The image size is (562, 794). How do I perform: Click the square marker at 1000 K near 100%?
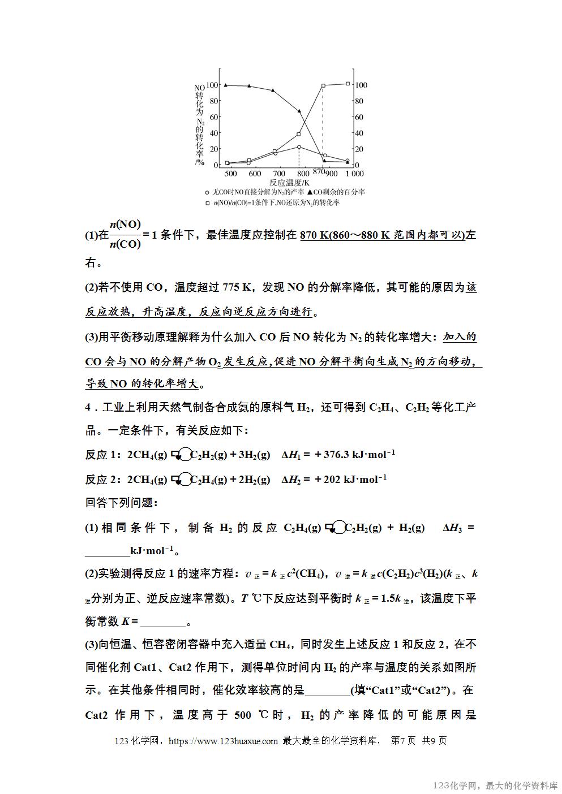(x=348, y=84)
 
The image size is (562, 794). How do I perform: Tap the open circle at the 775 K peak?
(x=299, y=147)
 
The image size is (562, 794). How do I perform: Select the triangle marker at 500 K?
(x=226, y=85)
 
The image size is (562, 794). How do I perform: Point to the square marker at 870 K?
(x=323, y=86)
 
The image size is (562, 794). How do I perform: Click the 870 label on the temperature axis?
(x=319, y=171)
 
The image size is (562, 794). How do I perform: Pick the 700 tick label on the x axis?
(x=279, y=174)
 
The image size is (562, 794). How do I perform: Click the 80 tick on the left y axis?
(x=213, y=101)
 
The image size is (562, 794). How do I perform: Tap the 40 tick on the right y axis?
(x=359, y=133)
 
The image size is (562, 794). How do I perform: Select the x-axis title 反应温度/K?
(x=289, y=183)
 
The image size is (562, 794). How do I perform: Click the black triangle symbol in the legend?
(x=310, y=192)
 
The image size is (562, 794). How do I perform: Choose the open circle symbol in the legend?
(x=207, y=193)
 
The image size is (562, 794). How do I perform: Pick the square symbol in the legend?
(x=207, y=203)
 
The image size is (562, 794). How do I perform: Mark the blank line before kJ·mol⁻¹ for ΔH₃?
(x=107, y=551)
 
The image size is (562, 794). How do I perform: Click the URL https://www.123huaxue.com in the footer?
(x=223, y=741)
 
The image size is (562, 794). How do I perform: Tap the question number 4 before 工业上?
(x=88, y=408)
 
